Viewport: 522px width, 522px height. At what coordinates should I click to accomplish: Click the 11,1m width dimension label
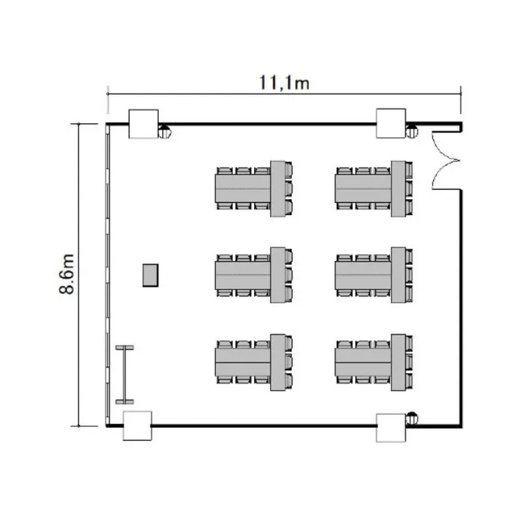284,83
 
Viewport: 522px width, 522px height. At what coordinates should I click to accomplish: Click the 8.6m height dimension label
67,274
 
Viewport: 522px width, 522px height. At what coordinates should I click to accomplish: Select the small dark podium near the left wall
150,275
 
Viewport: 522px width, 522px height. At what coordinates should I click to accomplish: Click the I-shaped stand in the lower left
125,374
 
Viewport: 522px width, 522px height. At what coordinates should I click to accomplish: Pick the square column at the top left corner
143,124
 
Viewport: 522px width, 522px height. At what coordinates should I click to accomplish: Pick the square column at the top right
391,123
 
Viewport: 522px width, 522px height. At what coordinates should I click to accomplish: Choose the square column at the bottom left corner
138,425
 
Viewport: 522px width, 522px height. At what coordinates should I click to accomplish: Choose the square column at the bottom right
391,428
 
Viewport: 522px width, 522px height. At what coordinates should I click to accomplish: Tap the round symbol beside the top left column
164,132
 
